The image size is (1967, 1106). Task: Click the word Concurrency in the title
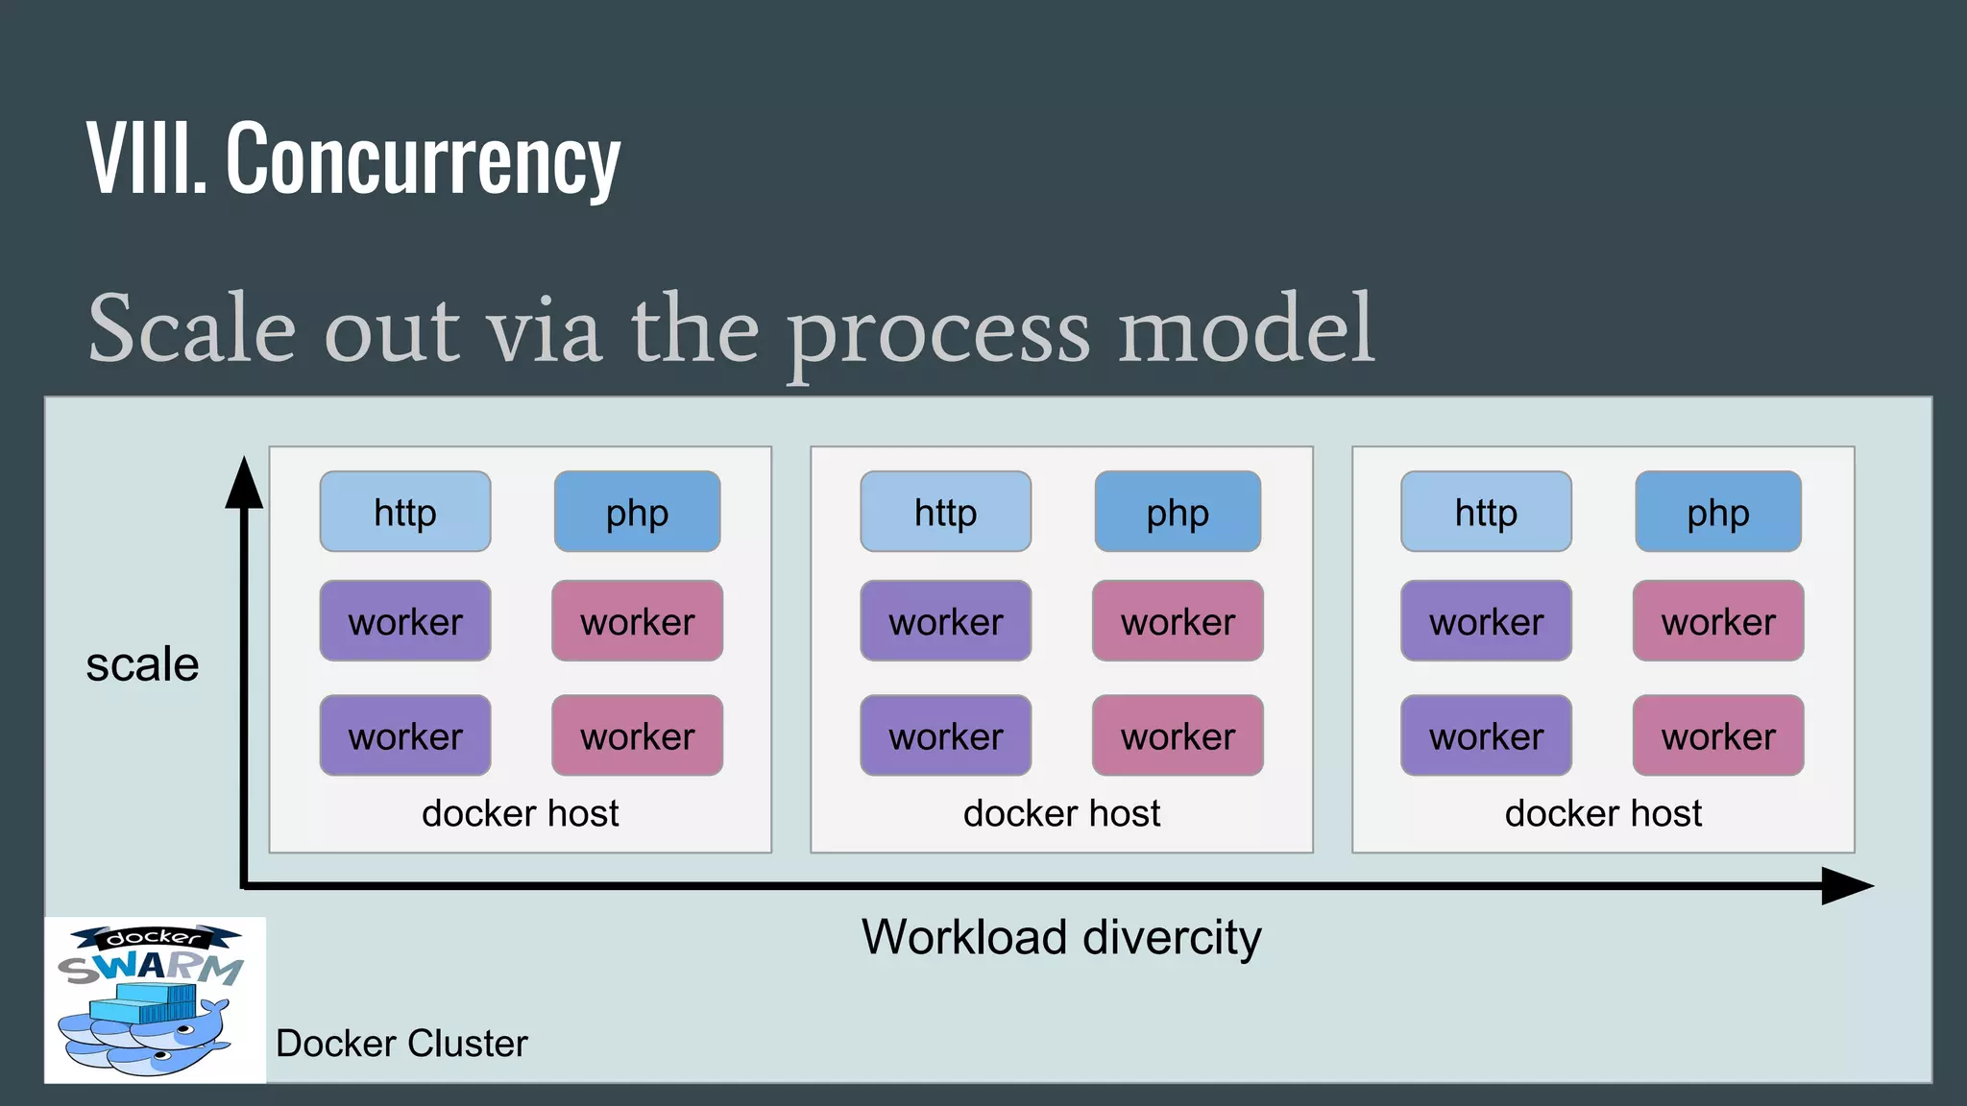point(423,158)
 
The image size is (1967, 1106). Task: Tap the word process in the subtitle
point(938,331)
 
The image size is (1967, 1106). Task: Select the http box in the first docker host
point(404,512)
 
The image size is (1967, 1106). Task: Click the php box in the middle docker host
point(1178,512)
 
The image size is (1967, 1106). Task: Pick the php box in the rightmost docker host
point(1717,512)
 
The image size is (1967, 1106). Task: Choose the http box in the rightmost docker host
point(1486,512)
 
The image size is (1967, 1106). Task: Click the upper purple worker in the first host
point(404,621)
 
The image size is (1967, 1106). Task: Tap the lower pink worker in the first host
point(637,735)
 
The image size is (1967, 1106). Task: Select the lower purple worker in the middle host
point(945,735)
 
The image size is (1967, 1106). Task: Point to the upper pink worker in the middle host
point(1178,621)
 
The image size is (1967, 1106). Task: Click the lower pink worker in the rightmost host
point(1717,735)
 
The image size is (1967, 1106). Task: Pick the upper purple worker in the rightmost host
point(1486,621)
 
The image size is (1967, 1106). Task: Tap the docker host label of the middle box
point(1061,813)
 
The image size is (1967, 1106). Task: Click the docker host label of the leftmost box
point(520,813)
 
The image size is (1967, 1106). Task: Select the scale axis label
point(142,664)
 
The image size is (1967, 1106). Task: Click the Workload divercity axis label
point(1061,937)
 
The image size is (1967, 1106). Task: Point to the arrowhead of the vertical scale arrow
point(244,483)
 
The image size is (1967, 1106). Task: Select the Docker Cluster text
point(401,1044)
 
